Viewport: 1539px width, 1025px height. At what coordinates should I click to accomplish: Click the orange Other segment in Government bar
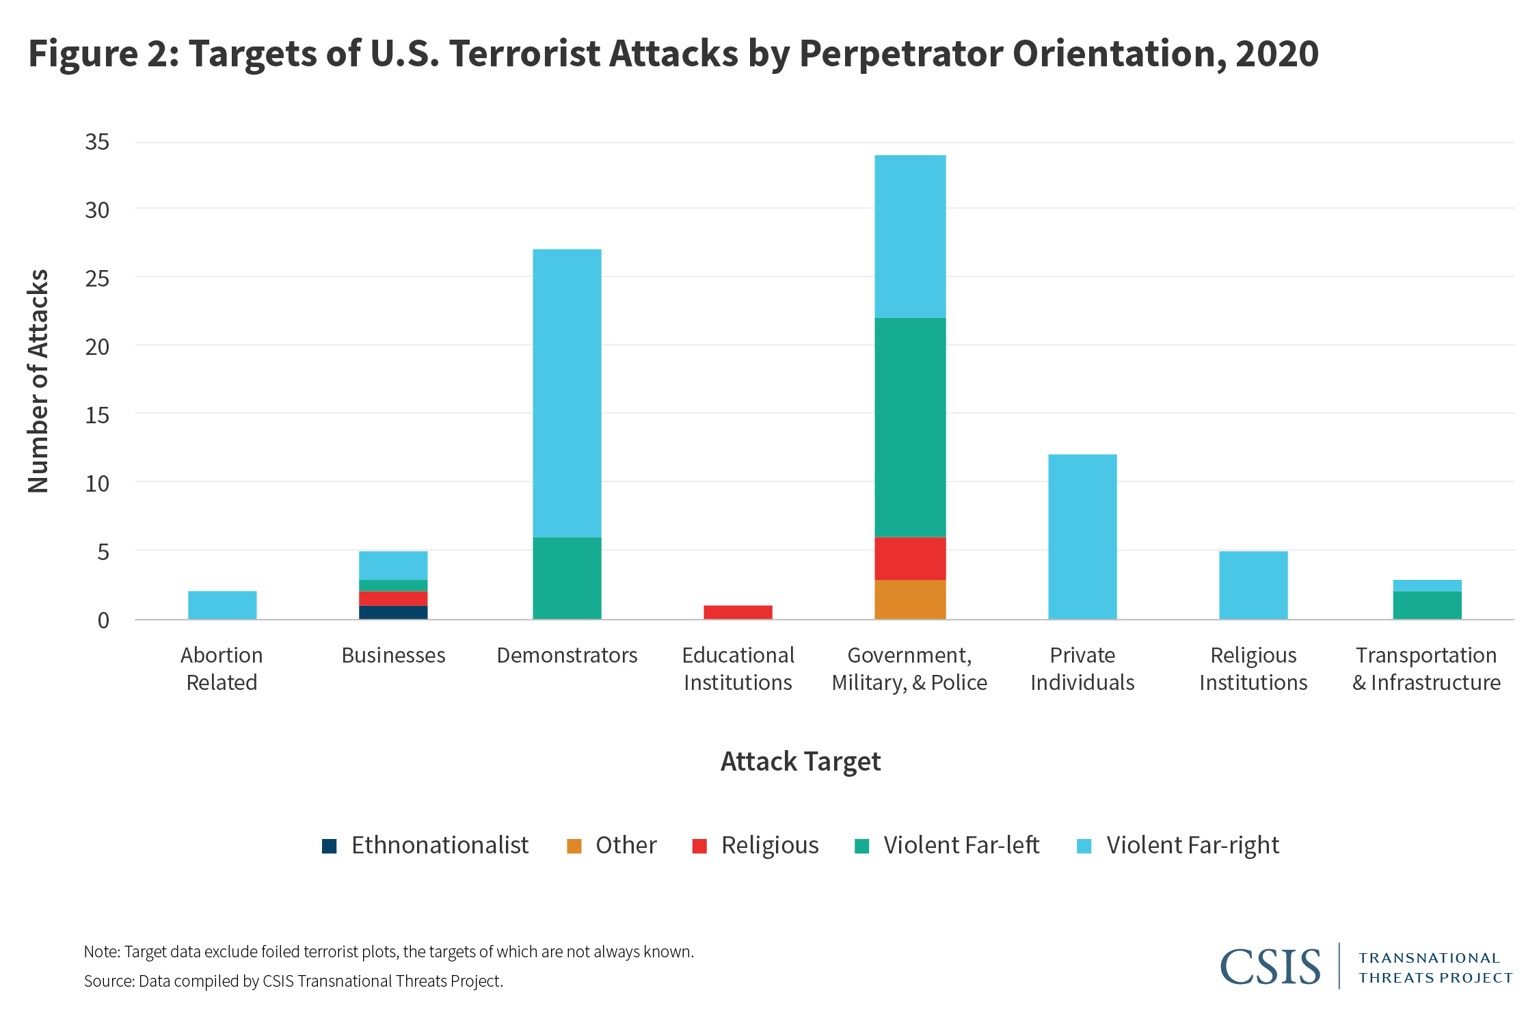click(910, 600)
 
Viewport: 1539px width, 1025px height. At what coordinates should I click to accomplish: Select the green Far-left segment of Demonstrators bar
click(567, 578)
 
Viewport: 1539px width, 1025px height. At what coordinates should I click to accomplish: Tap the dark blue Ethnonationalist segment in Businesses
click(393, 612)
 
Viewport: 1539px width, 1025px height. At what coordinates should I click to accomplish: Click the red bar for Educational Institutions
click(738, 612)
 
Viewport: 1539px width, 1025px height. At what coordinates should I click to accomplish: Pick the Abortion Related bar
click(222, 605)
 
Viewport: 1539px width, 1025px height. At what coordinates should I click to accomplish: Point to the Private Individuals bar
click(1082, 537)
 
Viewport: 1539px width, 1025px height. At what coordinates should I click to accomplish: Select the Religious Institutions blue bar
click(1253, 585)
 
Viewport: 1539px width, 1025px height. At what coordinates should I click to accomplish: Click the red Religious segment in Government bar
click(910, 559)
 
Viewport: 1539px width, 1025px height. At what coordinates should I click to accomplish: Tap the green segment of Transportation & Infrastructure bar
click(1427, 605)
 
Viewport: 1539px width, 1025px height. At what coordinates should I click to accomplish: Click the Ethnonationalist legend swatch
click(330, 847)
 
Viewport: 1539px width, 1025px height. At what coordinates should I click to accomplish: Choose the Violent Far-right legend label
click(1192, 845)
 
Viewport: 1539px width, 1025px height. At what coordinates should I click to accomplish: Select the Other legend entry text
click(626, 845)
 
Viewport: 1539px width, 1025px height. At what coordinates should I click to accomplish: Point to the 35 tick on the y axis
click(97, 142)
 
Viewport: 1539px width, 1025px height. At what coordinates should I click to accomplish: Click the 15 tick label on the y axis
click(97, 415)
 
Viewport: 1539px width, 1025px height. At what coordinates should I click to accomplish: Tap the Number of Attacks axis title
click(38, 381)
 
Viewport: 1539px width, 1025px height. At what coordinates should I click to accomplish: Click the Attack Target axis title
click(801, 762)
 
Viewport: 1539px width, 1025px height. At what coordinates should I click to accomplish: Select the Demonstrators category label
click(567, 655)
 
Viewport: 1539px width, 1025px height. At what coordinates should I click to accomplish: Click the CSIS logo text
click(1270, 967)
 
